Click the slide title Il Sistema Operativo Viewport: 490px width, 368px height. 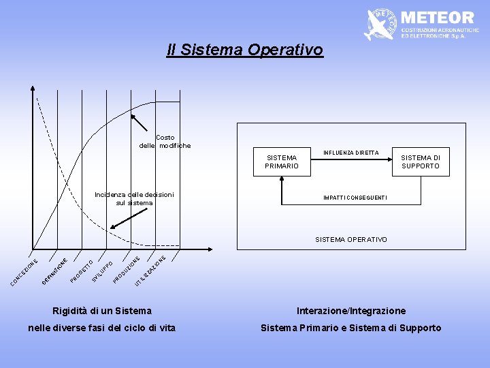(245, 50)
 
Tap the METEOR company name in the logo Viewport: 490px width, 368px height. (438, 17)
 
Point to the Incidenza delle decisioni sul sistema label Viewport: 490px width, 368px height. (134, 199)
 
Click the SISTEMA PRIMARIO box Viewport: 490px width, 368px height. (281, 162)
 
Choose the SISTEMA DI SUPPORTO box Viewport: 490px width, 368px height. (421, 162)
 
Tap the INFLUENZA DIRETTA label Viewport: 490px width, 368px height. (350, 153)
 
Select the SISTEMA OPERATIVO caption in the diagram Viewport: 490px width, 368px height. (350, 239)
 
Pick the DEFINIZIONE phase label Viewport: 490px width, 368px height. (54, 271)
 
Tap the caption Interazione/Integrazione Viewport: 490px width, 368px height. (351, 311)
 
